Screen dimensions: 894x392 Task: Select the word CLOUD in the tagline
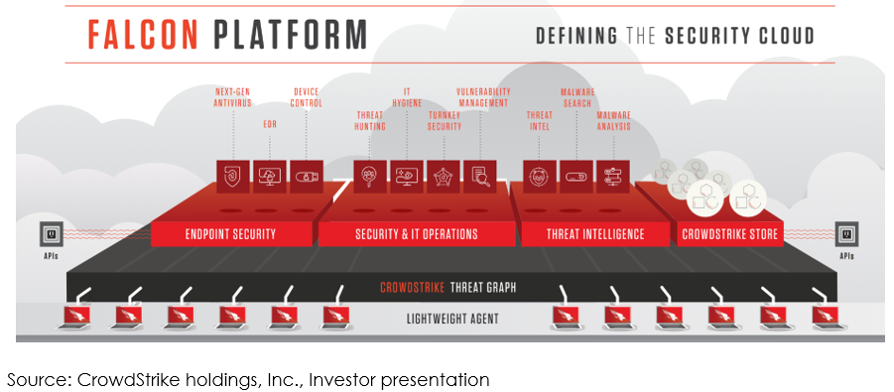[786, 36]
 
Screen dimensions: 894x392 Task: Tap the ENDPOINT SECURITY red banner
[231, 234]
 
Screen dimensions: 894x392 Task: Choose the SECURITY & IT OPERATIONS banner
[416, 234]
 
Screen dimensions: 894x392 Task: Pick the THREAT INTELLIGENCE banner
[595, 234]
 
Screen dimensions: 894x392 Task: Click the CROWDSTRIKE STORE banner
[730, 234]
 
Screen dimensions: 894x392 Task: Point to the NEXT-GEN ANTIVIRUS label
[232, 97]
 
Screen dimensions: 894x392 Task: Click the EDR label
[270, 124]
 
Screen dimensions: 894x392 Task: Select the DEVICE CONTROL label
[307, 97]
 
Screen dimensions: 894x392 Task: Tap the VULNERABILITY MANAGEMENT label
[483, 97]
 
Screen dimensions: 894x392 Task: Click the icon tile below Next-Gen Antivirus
[234, 177]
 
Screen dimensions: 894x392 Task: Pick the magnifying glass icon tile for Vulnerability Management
[480, 177]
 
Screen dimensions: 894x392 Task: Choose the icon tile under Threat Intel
[540, 177]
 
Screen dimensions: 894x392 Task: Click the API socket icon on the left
[51, 234]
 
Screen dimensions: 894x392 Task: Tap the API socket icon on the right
[846, 234]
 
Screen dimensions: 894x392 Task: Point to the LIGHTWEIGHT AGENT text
[452, 319]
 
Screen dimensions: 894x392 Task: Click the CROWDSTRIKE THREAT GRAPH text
[448, 288]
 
